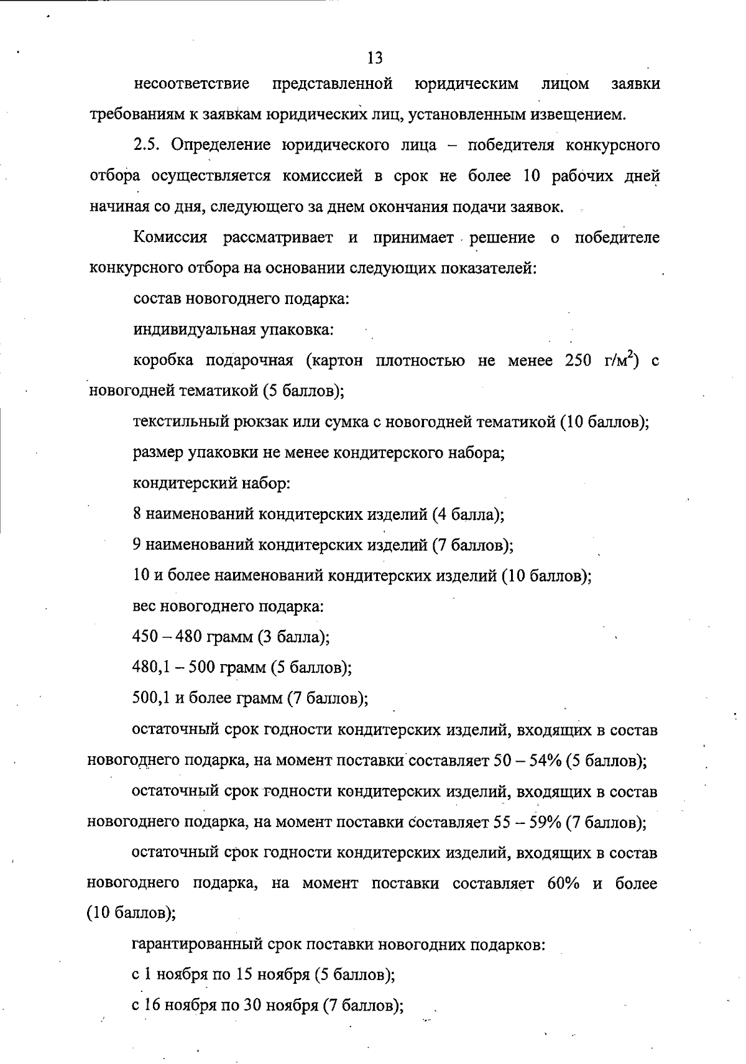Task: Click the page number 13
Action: [x=375, y=58]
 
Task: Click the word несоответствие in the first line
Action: [x=191, y=83]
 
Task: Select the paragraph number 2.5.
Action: [x=147, y=146]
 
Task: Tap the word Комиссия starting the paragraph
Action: [x=170, y=238]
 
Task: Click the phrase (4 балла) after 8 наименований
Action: [x=471, y=514]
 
